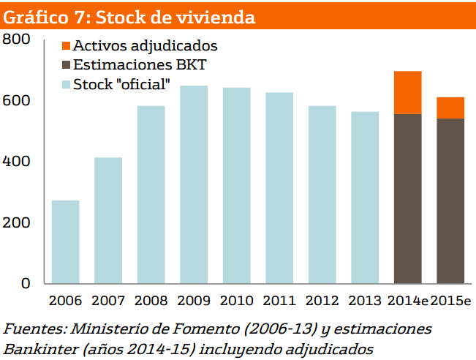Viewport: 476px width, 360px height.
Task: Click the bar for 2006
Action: coord(66,241)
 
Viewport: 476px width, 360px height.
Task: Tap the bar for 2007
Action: coord(108,220)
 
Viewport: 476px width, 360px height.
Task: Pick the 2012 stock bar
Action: coord(322,195)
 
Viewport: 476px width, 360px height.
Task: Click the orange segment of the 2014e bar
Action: coord(408,92)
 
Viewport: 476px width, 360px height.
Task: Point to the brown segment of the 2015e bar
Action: coord(450,200)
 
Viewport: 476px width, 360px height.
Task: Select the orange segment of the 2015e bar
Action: coord(450,108)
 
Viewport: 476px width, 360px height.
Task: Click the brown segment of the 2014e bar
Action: coord(408,198)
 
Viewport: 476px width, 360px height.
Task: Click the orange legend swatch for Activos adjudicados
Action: coord(66,46)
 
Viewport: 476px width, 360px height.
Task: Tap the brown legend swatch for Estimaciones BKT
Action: coord(66,65)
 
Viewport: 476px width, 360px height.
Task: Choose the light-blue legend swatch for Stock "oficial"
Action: coord(66,84)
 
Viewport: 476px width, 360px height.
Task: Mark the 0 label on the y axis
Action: coord(26,283)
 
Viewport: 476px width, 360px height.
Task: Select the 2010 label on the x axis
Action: coord(236,301)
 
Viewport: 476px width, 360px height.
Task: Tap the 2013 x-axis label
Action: coord(365,301)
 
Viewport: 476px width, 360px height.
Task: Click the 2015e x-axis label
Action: coord(451,301)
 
